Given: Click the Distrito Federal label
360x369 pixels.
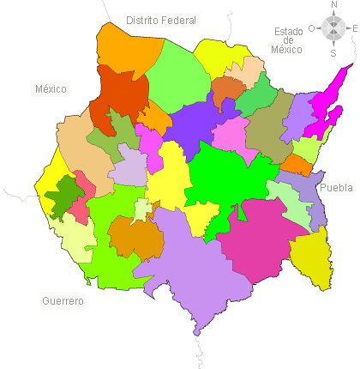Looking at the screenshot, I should pyautogui.click(x=160, y=20).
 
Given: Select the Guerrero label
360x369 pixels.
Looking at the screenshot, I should pyautogui.click(x=63, y=301).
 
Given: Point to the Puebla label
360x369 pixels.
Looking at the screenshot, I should pyautogui.click(x=336, y=187).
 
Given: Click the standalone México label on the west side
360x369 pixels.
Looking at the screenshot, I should pyautogui.click(x=51, y=88).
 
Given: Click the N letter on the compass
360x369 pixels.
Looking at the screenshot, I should pyautogui.click(x=333, y=5).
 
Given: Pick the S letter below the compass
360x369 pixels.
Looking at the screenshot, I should pyautogui.click(x=333, y=52).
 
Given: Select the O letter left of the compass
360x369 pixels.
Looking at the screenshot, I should pyautogui.click(x=312, y=28).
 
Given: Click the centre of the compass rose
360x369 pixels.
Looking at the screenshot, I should pyautogui.click(x=333, y=28).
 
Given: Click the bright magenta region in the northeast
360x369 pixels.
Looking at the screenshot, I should pyautogui.click(x=326, y=107).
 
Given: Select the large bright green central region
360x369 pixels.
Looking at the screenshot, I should pyautogui.click(x=227, y=176).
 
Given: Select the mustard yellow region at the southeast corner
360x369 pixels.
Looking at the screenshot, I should pyautogui.click(x=310, y=257).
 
